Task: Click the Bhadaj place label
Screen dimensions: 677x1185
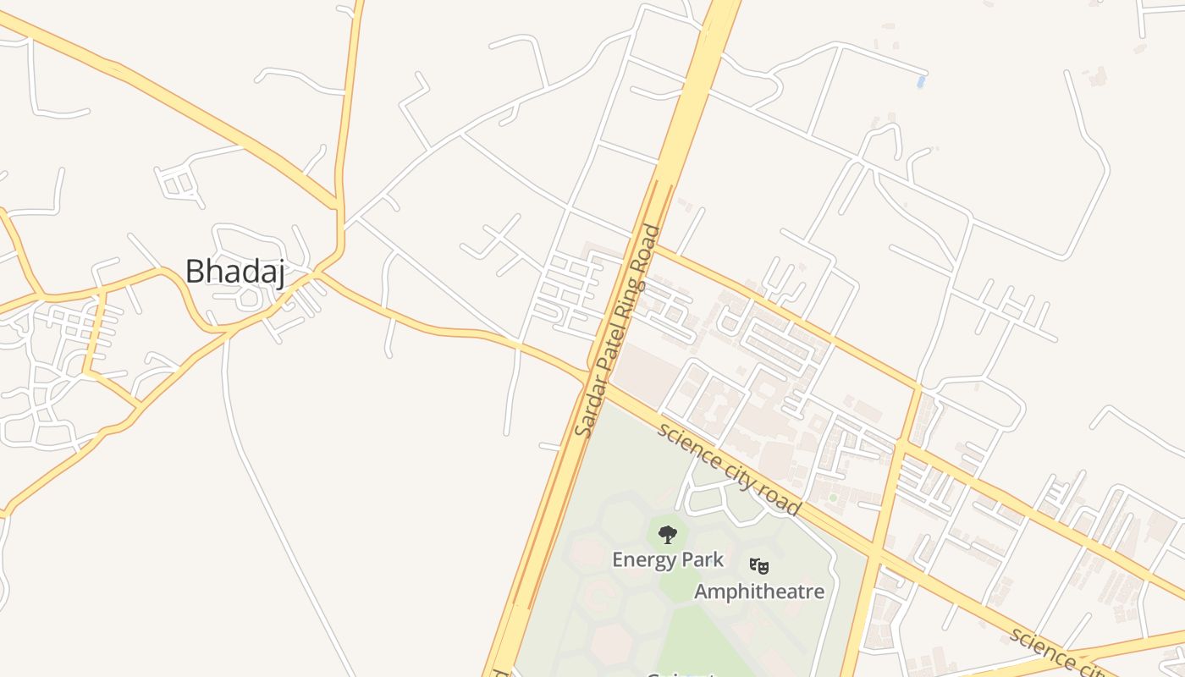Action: pos(234,272)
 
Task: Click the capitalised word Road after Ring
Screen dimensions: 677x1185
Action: pos(648,247)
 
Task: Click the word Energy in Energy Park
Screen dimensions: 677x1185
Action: pos(641,559)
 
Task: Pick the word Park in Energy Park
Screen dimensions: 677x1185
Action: pos(704,559)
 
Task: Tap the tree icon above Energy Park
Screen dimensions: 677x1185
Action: pos(668,534)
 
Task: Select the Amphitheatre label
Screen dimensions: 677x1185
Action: pos(759,591)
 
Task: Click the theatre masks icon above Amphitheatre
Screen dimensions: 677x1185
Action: pos(758,564)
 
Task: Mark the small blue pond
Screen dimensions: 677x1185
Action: pos(920,82)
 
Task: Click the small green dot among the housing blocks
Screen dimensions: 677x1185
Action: pos(832,498)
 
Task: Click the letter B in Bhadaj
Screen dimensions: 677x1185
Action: pos(194,272)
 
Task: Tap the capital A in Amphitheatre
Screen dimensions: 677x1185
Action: pos(702,591)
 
